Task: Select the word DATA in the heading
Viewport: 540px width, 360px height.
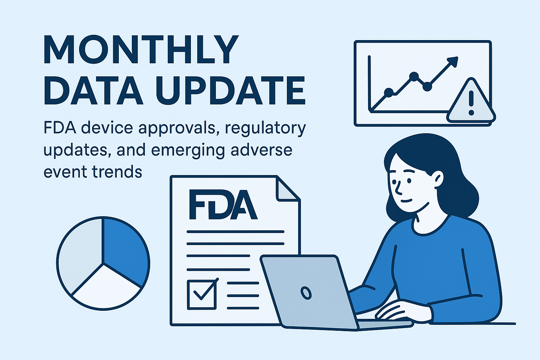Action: pos(93,90)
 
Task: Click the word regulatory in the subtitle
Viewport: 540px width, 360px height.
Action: pos(265,128)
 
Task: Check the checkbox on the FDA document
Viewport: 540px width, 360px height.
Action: pos(201,294)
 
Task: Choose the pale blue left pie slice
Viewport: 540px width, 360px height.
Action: pos(79,253)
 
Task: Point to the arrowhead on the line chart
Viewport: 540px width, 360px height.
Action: pos(454,61)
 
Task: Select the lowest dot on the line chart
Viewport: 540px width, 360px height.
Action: pos(388,92)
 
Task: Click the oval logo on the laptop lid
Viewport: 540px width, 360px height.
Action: pos(306,292)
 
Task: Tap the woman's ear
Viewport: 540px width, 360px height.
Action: pos(438,179)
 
